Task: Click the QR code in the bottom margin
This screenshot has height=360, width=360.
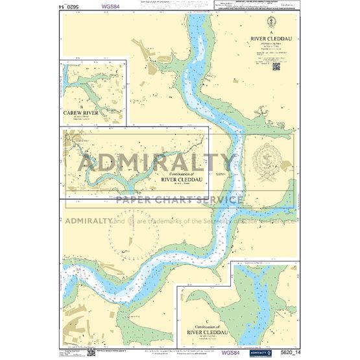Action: (90, 353)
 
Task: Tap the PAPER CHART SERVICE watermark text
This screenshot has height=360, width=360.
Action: (179, 199)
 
